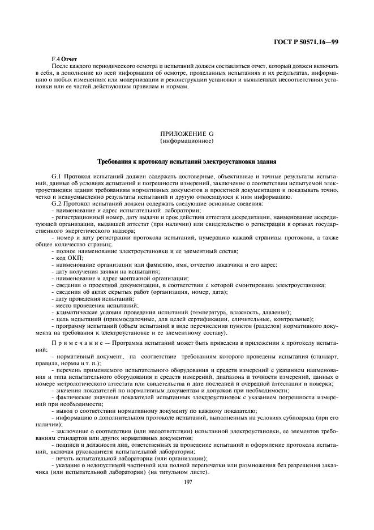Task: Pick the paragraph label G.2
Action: [58, 202]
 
